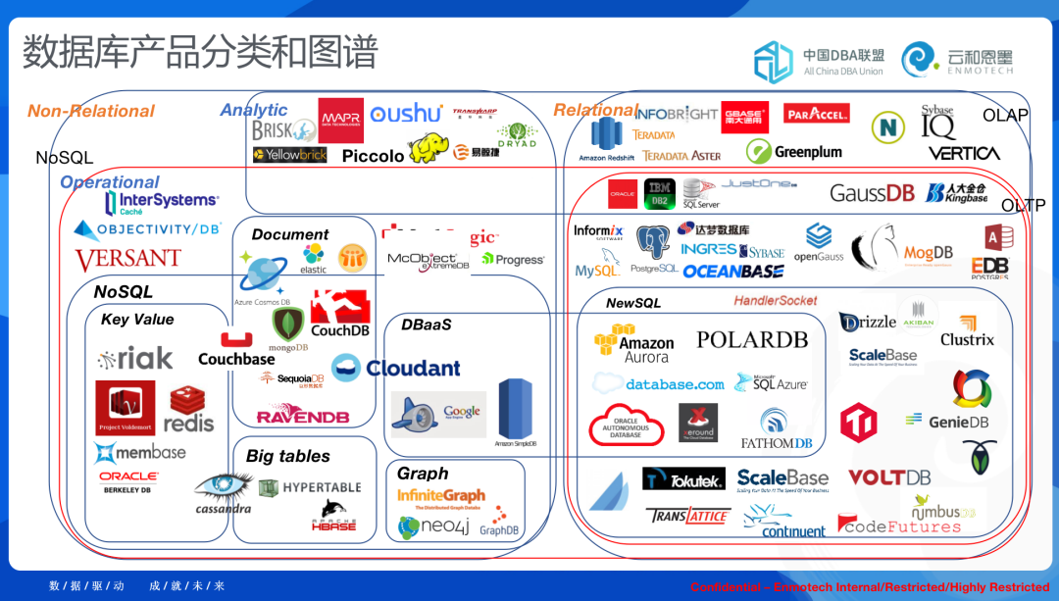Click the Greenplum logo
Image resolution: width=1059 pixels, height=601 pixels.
(794, 152)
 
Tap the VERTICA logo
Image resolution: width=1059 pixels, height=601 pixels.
(964, 154)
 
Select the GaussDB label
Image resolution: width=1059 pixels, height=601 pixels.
(872, 193)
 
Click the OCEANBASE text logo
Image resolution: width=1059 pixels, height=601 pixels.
(733, 272)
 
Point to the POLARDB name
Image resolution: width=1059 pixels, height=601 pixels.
(752, 339)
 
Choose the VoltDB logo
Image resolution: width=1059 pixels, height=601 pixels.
(888, 477)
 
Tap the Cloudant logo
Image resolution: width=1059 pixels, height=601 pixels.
(396, 368)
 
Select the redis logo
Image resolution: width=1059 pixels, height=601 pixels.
(188, 412)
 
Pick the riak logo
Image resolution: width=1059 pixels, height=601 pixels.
(135, 359)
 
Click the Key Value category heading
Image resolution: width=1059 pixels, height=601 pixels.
(137, 320)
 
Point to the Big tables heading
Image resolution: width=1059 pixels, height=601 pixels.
(288, 456)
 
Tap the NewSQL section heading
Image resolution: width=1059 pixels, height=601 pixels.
(633, 303)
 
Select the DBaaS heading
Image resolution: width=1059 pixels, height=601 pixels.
(427, 325)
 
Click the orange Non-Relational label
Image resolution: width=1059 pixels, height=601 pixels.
(91, 112)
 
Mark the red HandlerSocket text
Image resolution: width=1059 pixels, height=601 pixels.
(775, 301)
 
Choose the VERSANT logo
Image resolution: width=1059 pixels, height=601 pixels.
(127, 260)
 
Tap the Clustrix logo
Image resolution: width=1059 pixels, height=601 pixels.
(967, 331)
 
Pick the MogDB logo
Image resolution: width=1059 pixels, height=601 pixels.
(928, 254)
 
